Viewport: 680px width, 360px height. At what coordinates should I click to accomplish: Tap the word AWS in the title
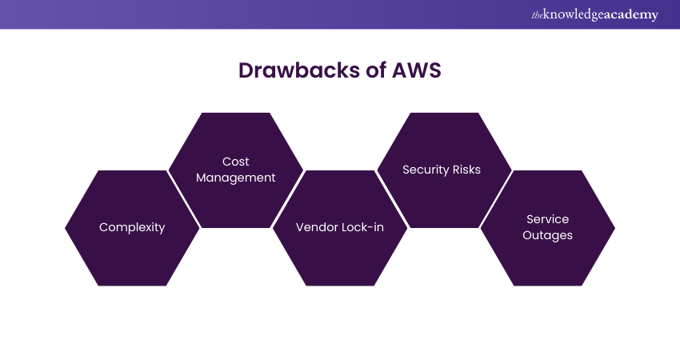tap(416, 70)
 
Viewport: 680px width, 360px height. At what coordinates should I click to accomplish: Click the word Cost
tap(236, 162)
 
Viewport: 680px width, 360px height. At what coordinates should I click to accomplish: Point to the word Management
tap(236, 178)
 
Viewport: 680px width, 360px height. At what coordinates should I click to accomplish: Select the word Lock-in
tap(362, 227)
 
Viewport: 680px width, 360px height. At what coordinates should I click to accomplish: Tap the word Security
tap(426, 170)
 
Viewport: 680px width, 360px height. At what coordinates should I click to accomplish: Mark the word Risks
tap(466, 170)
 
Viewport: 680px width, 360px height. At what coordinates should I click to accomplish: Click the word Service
tap(548, 219)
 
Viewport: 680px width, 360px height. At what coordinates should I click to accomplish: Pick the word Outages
tap(548, 235)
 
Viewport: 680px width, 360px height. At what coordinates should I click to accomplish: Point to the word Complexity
tap(132, 227)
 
